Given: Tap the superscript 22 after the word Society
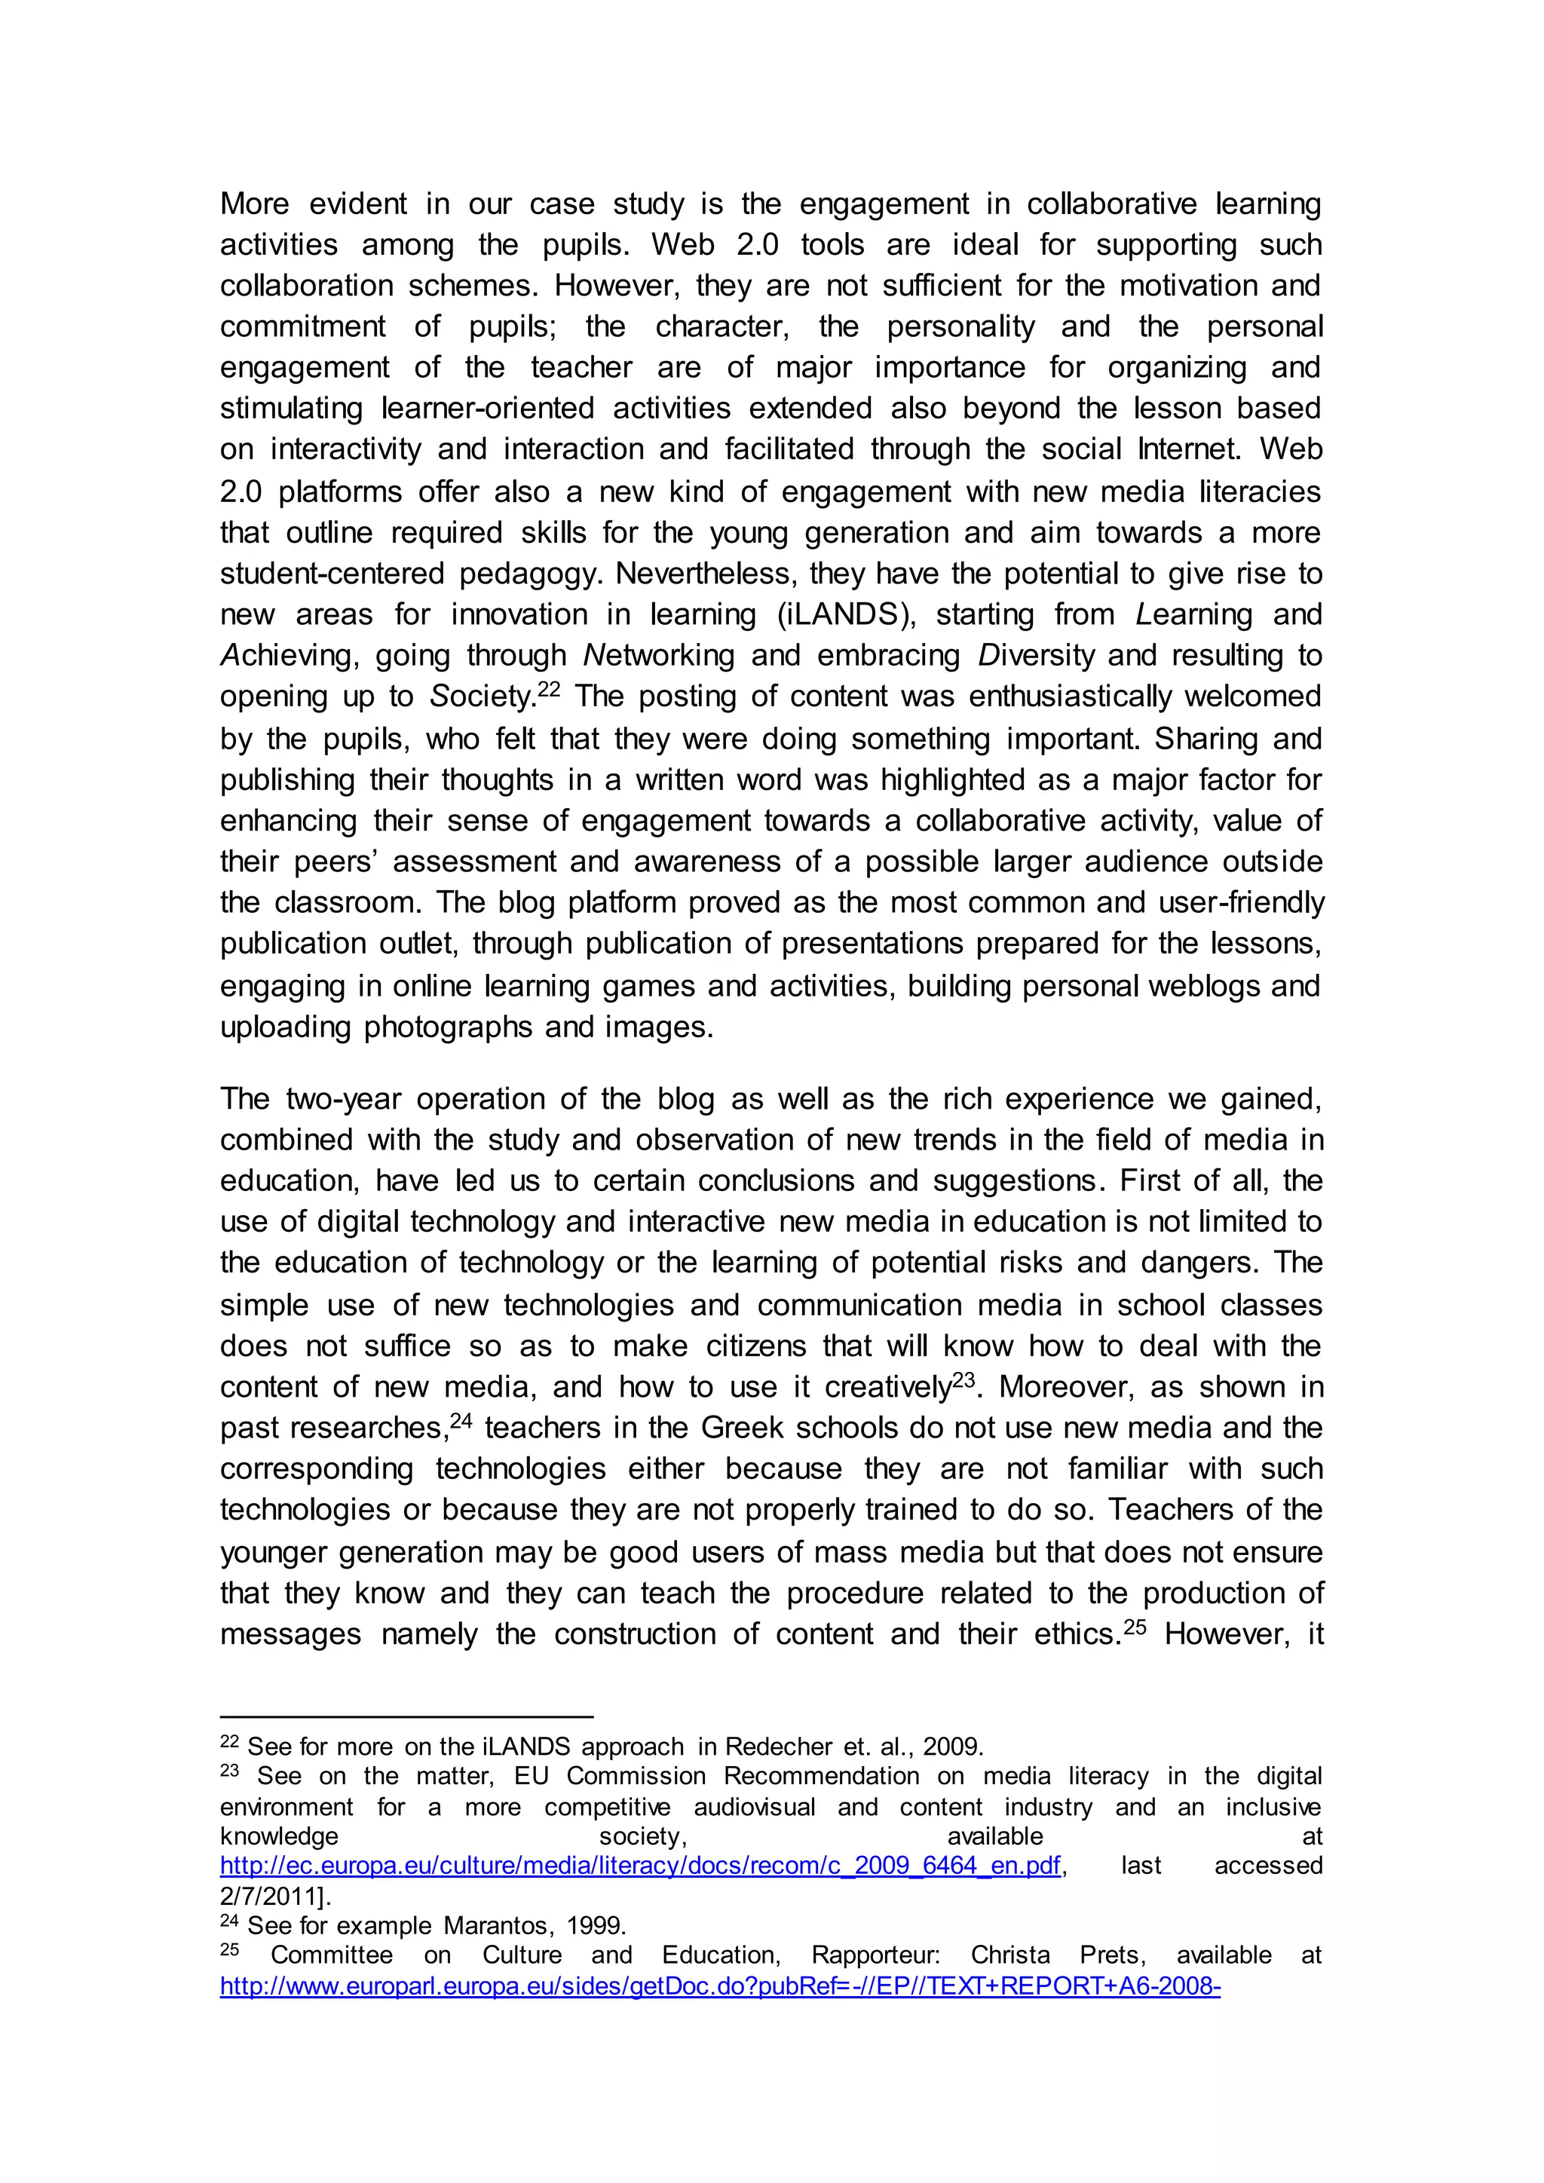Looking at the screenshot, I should click(x=550, y=688).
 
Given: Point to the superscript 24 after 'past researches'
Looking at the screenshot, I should click(x=461, y=1419).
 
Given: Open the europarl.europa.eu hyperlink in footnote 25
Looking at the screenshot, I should click(x=720, y=1986).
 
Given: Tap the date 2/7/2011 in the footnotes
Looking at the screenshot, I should click(x=270, y=1896).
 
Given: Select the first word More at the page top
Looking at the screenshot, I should click(x=254, y=204).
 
